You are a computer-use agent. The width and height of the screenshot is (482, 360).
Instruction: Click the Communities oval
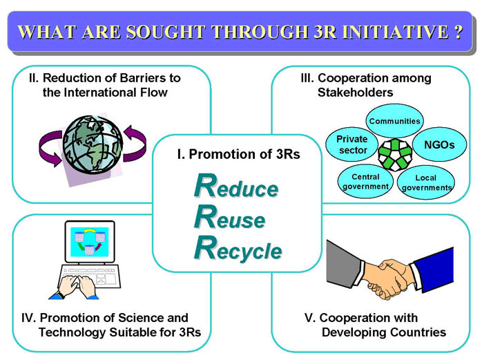point(394,121)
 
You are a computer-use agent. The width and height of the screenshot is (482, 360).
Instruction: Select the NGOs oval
point(439,144)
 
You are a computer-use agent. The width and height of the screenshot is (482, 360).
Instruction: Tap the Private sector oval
point(352,144)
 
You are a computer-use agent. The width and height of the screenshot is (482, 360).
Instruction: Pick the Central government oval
point(365,181)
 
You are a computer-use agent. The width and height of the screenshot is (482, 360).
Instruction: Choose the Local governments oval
point(426,182)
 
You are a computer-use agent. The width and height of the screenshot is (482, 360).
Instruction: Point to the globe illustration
point(93,144)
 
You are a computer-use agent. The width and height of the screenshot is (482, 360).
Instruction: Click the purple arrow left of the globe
point(50,149)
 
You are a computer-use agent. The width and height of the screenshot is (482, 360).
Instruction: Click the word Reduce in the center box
point(236,186)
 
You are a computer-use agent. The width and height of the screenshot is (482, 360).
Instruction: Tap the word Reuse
point(230,217)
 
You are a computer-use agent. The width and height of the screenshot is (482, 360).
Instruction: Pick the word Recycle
point(238,249)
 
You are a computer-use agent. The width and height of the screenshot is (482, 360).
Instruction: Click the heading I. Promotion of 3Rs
point(238,154)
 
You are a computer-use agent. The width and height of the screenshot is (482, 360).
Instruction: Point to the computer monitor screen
point(90,242)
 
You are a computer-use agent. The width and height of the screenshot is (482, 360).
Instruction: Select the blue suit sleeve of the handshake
point(433,270)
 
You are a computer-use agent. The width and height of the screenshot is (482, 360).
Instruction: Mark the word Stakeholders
point(355,93)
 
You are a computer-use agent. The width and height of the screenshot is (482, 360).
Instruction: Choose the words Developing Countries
point(384,332)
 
